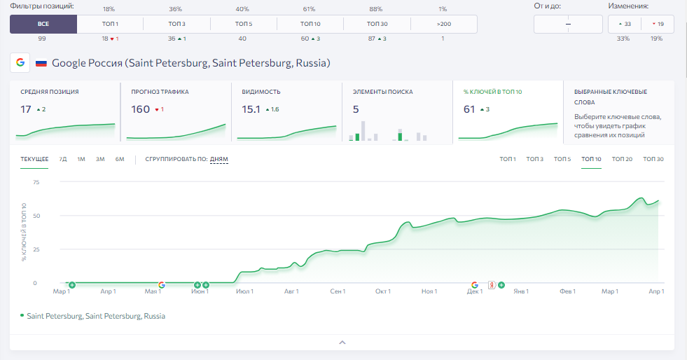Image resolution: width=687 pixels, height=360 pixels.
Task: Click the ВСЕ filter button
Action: click(x=43, y=24)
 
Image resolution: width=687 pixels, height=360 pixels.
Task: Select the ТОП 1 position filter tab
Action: click(x=110, y=24)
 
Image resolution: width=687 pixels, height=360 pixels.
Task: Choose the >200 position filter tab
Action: click(x=444, y=24)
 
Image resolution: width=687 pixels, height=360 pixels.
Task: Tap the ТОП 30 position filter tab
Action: click(x=377, y=24)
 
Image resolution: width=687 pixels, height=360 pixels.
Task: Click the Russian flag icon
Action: click(x=41, y=63)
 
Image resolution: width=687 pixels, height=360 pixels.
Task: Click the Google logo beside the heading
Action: click(x=20, y=62)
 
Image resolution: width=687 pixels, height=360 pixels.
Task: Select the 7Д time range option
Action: click(x=63, y=159)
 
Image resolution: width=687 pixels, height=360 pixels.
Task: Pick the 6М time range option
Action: click(x=120, y=159)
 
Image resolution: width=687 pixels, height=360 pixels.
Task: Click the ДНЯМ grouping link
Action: click(x=218, y=159)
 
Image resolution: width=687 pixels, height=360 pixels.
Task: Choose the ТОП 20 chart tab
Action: click(x=622, y=159)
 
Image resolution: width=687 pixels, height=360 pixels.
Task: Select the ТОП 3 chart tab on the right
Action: click(x=534, y=159)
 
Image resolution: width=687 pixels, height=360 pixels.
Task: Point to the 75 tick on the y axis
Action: click(x=36, y=182)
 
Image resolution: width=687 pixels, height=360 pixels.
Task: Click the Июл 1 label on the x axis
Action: click(x=244, y=291)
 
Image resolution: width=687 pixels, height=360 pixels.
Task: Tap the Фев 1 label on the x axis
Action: click(x=567, y=291)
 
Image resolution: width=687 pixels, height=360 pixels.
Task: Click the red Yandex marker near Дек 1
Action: click(x=492, y=285)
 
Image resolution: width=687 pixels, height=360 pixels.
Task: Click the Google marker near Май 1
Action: click(x=162, y=285)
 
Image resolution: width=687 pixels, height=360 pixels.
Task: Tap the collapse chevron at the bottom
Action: click(x=342, y=342)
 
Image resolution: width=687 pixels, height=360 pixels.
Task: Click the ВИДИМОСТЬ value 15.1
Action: click(x=251, y=109)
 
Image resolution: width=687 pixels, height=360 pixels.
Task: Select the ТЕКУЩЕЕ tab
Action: click(x=34, y=159)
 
